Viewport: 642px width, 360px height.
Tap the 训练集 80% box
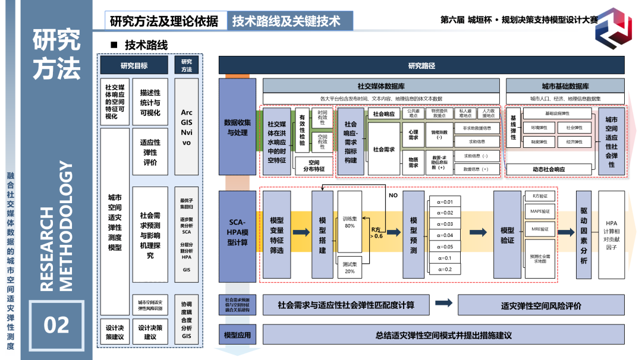click(x=350, y=222)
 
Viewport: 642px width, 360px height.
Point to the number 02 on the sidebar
click(x=56, y=324)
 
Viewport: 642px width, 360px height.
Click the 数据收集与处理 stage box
click(x=237, y=128)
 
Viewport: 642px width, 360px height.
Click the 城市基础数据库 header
click(x=565, y=86)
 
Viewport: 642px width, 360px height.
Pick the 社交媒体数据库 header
click(x=381, y=86)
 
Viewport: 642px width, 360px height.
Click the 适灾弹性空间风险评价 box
click(x=541, y=306)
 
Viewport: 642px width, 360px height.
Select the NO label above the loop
click(x=393, y=195)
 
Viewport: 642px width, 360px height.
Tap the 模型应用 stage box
click(x=237, y=335)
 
